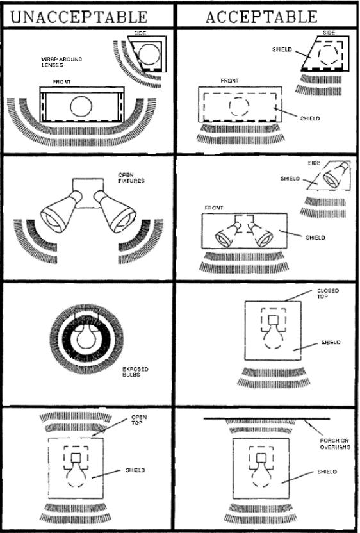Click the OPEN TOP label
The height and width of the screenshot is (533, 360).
pos(139,420)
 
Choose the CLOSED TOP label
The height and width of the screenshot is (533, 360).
pos(327,294)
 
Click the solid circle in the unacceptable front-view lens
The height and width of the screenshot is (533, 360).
pos(81,106)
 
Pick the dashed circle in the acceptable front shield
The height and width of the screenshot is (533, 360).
pos(239,106)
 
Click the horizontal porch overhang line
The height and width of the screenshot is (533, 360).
pos(266,418)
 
